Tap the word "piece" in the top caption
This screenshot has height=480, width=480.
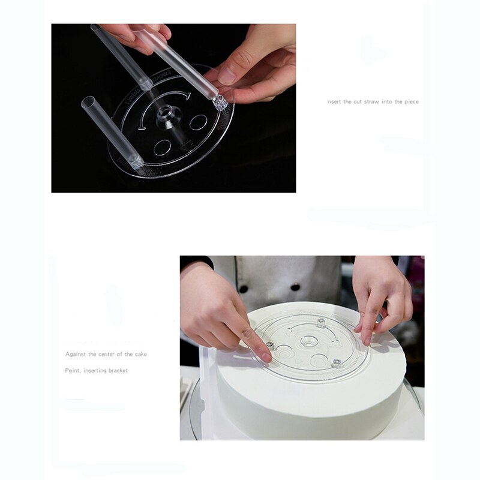[x=410, y=102]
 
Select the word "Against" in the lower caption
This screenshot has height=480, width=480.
[x=76, y=355]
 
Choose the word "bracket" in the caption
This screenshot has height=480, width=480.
[x=118, y=371]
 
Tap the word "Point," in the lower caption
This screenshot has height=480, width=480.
[x=73, y=371]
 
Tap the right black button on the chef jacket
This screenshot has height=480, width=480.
[x=295, y=287]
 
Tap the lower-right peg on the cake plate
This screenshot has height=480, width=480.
[x=336, y=363]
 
